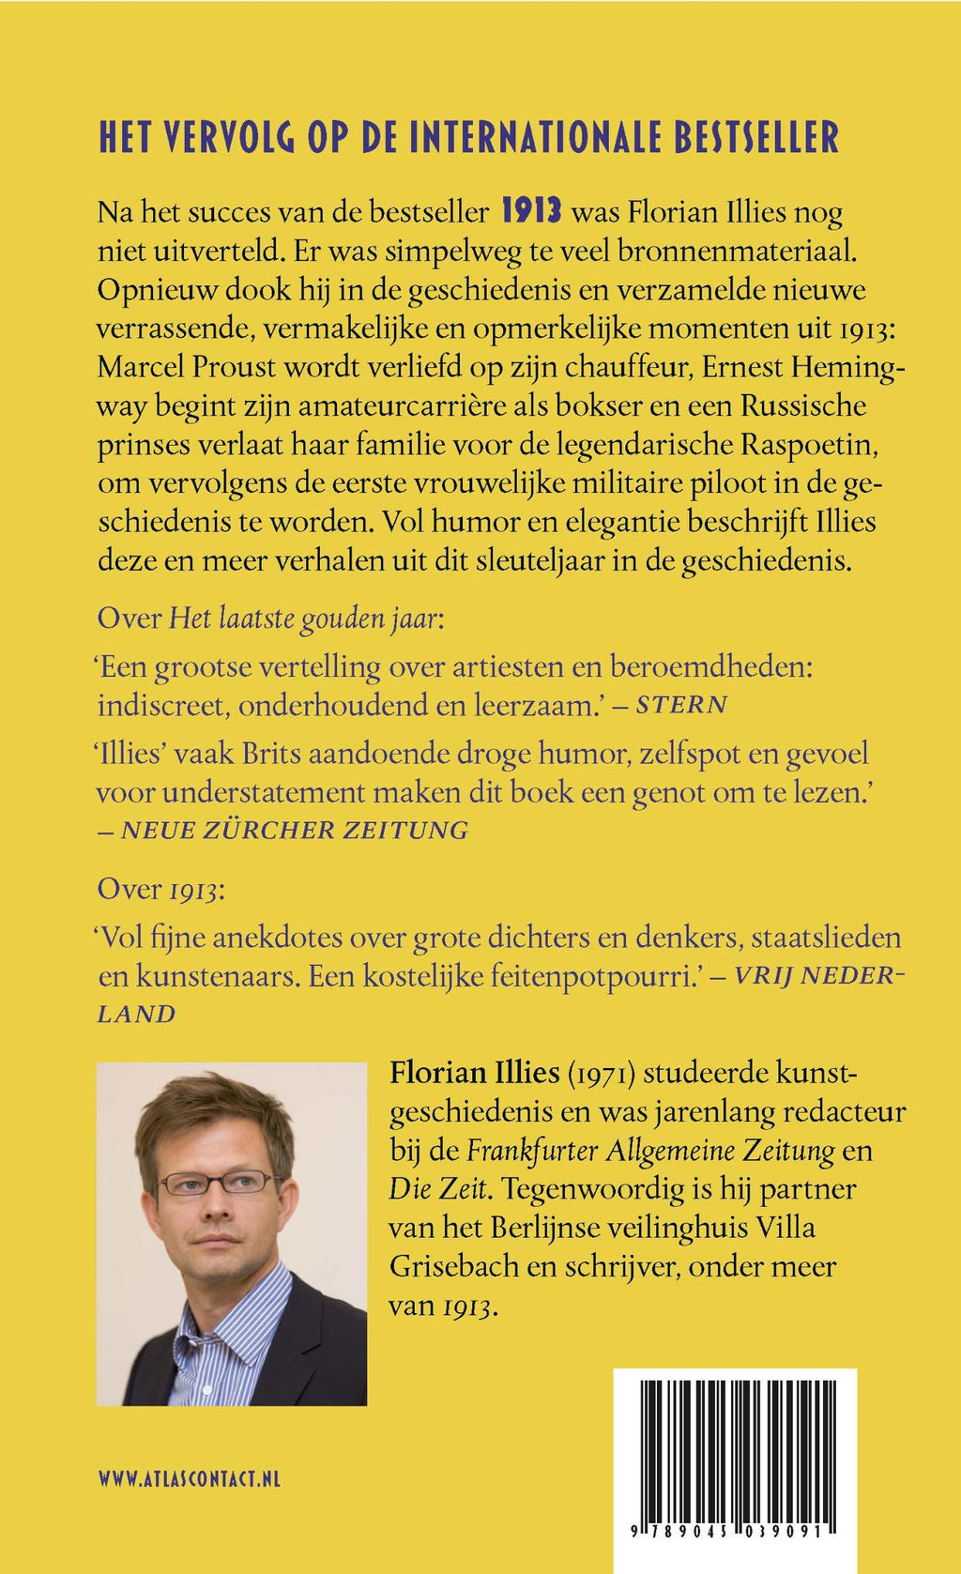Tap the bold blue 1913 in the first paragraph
coord(531,211)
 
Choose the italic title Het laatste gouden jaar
coord(302,619)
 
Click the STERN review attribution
coord(681,705)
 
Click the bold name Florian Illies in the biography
coord(475,1073)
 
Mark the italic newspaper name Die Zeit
coord(439,1189)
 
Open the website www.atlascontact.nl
coord(189,1479)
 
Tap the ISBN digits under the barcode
coord(734,1531)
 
